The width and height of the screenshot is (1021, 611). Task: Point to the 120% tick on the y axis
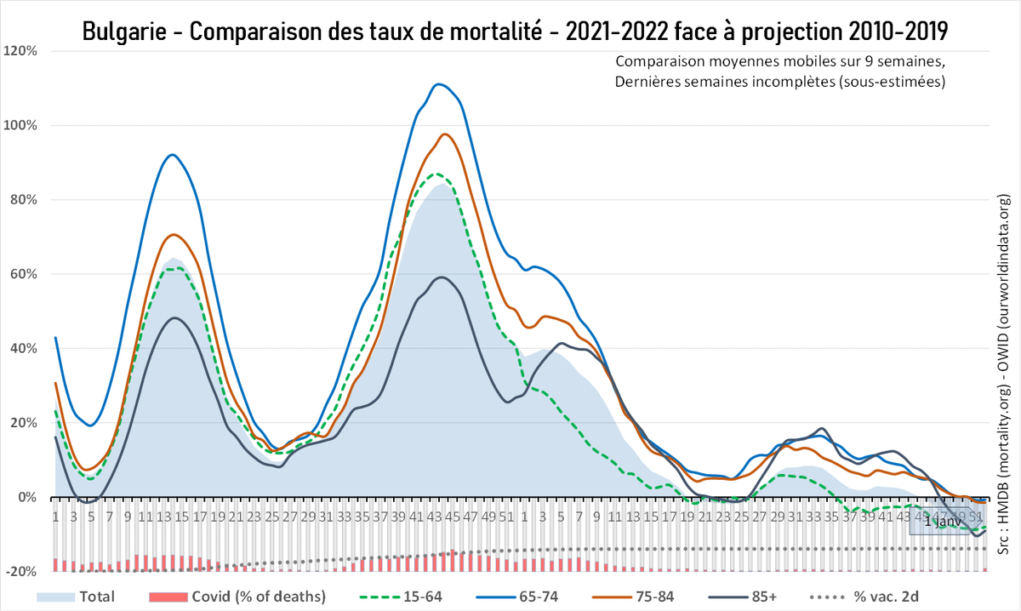(x=20, y=51)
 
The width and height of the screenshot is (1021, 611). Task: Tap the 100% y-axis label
(x=20, y=125)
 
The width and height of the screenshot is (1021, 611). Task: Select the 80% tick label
(x=23, y=200)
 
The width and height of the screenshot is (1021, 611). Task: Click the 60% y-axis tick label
(x=23, y=274)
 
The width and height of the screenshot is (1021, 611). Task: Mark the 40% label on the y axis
(x=23, y=349)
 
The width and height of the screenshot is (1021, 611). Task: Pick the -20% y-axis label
(x=20, y=572)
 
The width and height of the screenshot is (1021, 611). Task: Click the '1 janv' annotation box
(x=943, y=521)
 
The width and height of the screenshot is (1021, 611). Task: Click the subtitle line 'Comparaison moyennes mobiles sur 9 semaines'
(x=779, y=62)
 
